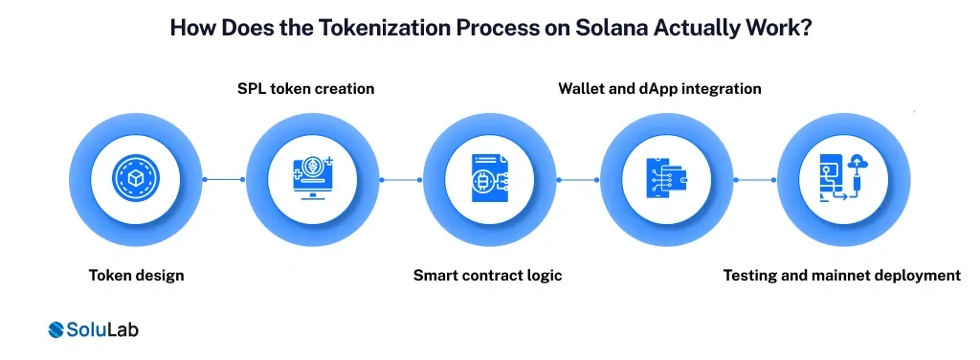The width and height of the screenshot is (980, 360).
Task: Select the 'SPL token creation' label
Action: coord(305,88)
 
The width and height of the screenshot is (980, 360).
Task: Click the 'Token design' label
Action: coord(136,275)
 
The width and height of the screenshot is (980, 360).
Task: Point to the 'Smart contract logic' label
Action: coord(487,275)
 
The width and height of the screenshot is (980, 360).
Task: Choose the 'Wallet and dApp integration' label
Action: coord(659,88)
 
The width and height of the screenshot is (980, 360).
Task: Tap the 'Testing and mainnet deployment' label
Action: coord(841,275)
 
